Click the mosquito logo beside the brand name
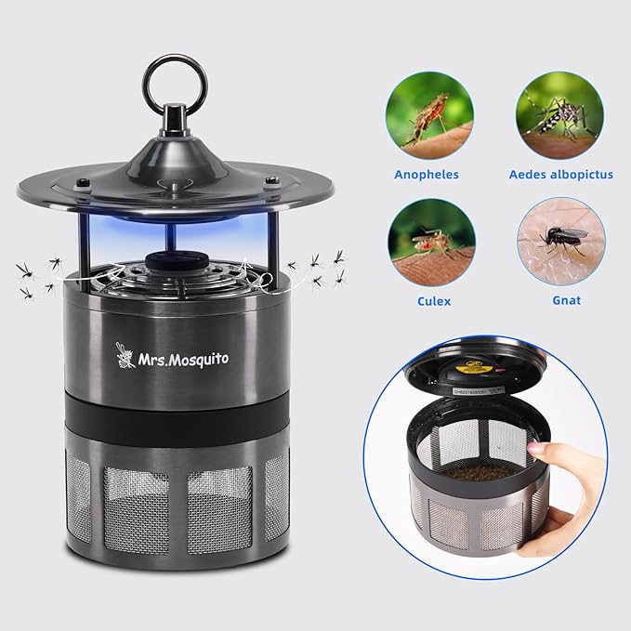point(125,354)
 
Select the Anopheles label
point(427,174)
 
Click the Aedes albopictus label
point(560,174)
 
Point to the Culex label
point(427,300)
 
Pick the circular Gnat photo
point(560,241)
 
